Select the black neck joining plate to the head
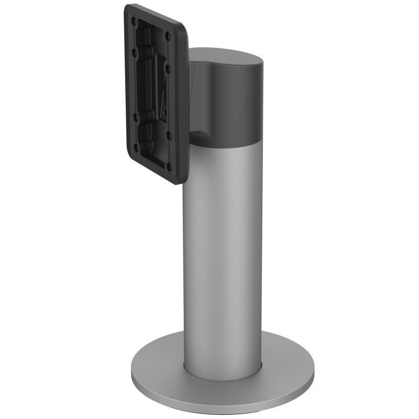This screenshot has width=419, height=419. click(193, 100)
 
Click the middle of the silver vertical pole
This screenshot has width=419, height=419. click(223, 251)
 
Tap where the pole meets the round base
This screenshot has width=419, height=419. click(223, 367)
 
